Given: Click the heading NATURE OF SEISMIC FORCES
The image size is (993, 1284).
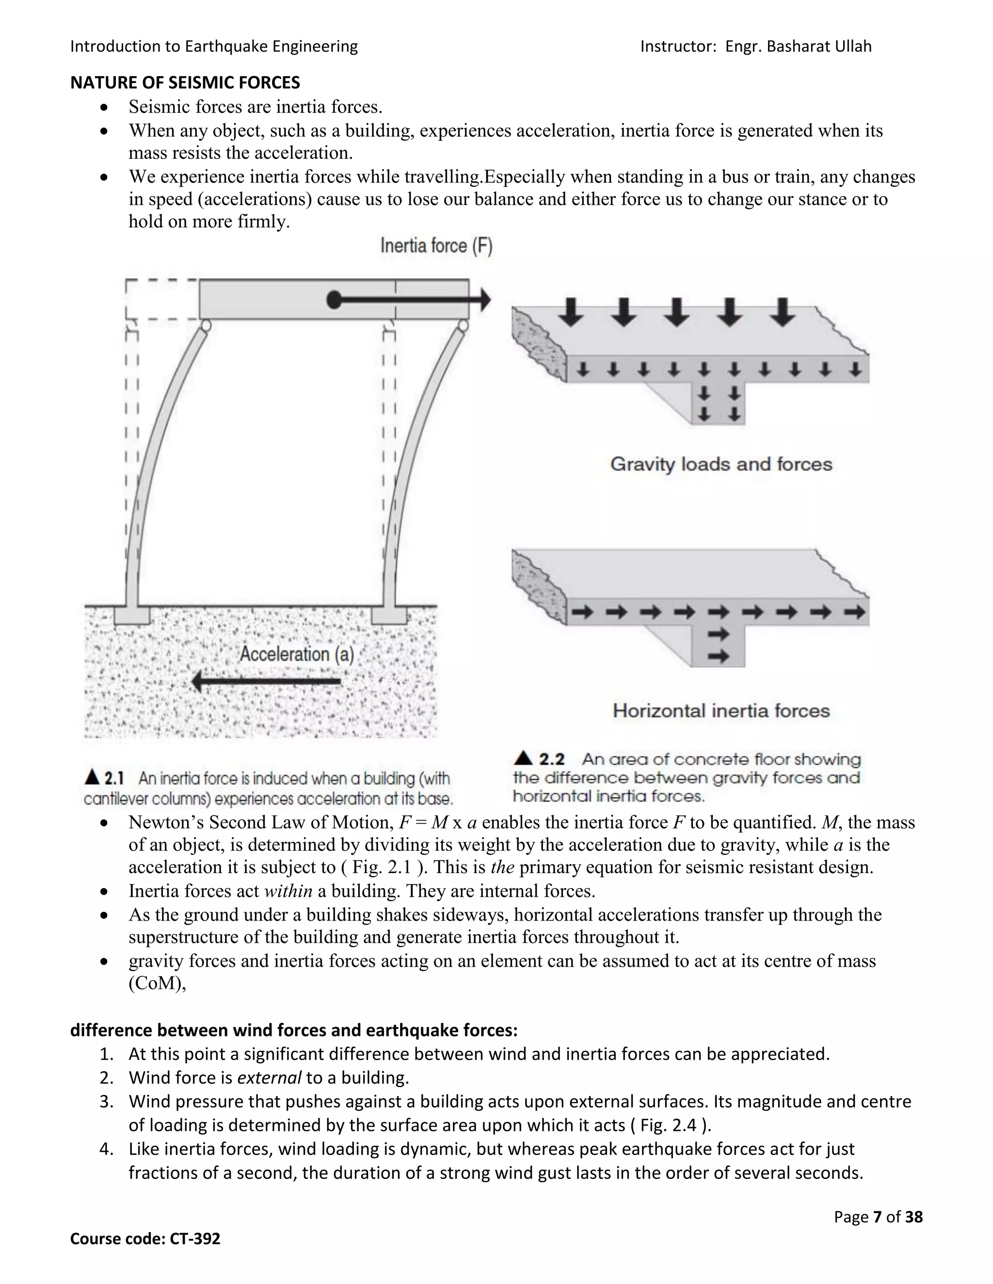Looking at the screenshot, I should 185,83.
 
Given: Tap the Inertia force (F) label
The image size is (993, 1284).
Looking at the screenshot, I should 436,246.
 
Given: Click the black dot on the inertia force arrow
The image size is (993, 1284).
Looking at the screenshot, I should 334,300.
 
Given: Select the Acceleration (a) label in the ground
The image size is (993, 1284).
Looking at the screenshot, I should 296,654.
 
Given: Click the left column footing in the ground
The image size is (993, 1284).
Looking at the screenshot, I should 132,615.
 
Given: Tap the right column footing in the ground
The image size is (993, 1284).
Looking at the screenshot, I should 389,615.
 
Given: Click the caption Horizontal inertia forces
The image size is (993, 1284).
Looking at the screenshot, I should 721,711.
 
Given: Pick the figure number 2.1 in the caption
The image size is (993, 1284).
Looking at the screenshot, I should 114,779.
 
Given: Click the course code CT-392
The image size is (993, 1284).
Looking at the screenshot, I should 195,1239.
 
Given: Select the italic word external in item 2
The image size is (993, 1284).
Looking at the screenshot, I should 270,1078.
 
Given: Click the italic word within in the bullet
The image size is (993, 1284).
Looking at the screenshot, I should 288,891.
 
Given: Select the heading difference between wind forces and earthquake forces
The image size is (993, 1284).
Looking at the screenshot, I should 293,1031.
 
